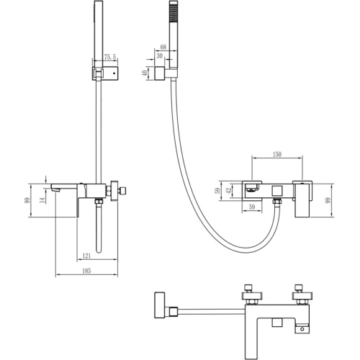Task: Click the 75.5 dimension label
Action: point(110,57)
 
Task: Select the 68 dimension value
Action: point(163,48)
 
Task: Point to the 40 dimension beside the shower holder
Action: point(145,73)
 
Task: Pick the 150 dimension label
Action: point(276,153)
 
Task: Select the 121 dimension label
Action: point(86,256)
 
